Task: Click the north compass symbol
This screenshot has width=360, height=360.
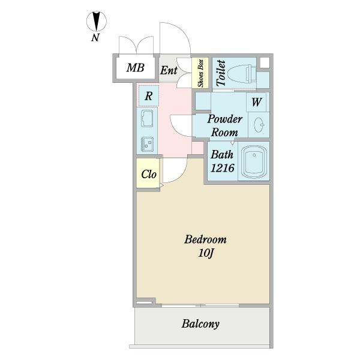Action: tap(97, 22)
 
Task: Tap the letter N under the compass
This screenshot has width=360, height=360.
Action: tap(95, 37)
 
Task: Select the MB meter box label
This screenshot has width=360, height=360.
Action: tap(136, 68)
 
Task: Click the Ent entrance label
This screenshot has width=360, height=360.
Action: tap(169, 70)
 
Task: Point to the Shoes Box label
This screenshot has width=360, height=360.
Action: tap(200, 73)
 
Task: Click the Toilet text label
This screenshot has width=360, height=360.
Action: tap(221, 73)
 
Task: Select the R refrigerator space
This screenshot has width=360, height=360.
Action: tap(149, 96)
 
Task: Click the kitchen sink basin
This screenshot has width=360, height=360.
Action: tap(147, 118)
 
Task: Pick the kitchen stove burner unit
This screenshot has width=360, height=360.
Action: tap(147, 145)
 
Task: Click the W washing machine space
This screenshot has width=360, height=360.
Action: tap(256, 102)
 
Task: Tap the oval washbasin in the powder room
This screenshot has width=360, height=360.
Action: tap(259, 125)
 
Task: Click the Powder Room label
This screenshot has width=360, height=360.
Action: tap(224, 125)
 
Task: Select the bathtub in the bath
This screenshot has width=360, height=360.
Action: tap(254, 162)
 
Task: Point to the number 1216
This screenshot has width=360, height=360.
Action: tap(222, 168)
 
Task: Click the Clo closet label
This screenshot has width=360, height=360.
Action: tap(149, 174)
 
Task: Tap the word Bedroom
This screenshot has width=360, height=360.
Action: tap(205, 239)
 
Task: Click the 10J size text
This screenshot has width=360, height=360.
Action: tap(206, 253)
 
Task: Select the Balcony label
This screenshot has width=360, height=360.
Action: tap(200, 324)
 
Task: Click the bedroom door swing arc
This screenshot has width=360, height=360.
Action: tap(176, 170)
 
